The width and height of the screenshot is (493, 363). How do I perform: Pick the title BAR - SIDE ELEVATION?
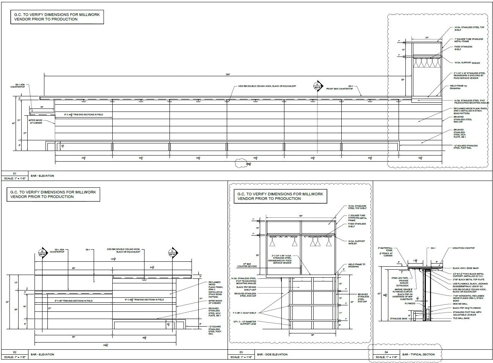click(x=272, y=355)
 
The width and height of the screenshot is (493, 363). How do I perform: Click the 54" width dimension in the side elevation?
click(x=301, y=216)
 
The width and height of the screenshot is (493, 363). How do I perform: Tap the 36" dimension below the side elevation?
click(x=312, y=335)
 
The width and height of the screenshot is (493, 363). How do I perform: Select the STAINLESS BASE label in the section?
click(x=398, y=319)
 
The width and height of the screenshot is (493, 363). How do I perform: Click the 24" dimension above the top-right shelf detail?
click(x=427, y=38)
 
